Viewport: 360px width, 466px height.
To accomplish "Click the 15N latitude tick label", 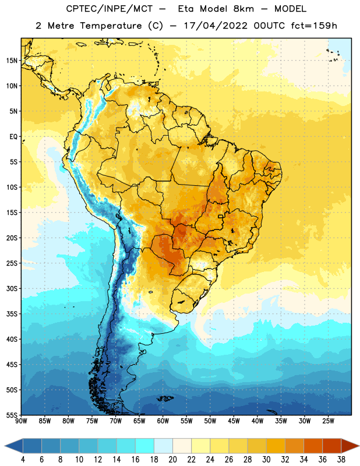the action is [x=12, y=61].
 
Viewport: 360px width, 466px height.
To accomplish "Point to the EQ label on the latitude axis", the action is [x=13, y=137].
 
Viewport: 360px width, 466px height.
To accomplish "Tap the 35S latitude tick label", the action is [x=12, y=314].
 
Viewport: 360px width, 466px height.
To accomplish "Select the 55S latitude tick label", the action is [x=12, y=415].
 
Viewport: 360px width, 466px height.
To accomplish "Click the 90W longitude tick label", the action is [x=21, y=421].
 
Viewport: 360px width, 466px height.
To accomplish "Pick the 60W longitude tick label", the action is [x=163, y=421].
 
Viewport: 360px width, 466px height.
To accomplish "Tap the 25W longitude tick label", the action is [x=328, y=421].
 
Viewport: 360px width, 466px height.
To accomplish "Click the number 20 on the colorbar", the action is [x=172, y=460].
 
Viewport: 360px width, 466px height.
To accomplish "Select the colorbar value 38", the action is [x=341, y=460].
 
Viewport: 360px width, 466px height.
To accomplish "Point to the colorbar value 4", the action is [x=23, y=460].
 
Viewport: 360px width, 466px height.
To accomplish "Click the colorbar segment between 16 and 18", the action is [x=144, y=446].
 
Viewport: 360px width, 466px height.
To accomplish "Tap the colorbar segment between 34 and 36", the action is [x=313, y=446].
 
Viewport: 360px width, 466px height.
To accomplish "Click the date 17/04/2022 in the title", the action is [x=216, y=26].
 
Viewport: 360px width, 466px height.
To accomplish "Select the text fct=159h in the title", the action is [x=314, y=26].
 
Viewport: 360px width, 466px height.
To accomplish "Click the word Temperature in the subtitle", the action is [x=111, y=26].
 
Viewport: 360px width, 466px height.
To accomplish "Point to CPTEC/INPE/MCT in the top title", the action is [x=110, y=9].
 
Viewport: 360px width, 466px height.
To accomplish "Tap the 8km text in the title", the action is [x=243, y=9].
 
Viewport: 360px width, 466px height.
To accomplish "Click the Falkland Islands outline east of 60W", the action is [x=165, y=398].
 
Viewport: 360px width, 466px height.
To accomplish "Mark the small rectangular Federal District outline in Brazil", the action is [x=221, y=216].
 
